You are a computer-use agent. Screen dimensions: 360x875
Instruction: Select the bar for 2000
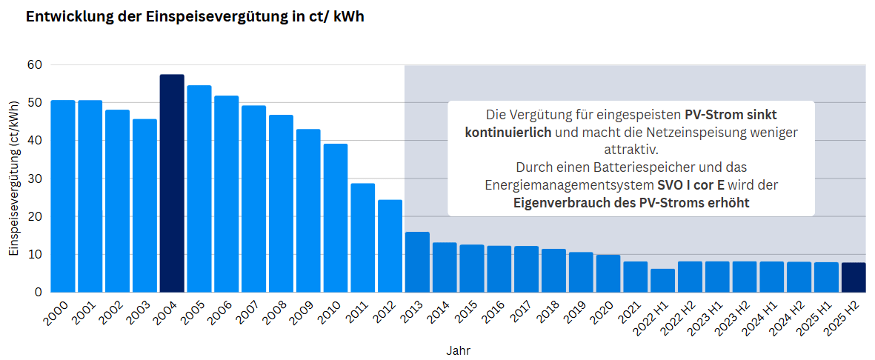(62, 196)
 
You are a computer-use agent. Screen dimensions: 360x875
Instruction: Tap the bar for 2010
(336, 218)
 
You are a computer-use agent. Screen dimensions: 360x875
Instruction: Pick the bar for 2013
(418, 262)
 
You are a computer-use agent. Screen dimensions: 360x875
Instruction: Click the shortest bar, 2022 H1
(663, 281)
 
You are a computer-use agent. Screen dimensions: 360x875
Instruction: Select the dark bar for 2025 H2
(854, 278)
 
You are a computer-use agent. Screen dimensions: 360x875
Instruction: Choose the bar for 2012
(390, 246)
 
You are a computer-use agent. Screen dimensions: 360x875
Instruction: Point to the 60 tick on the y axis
(35, 64)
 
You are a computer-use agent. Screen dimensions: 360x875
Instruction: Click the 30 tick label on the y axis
(35, 179)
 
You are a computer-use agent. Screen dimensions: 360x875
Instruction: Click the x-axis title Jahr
(458, 350)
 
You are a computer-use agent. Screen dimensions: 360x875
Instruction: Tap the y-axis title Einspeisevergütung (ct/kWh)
(14, 179)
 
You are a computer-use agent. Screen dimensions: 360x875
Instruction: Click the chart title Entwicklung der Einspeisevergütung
(195, 17)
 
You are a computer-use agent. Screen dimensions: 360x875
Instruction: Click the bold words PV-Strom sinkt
(731, 115)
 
